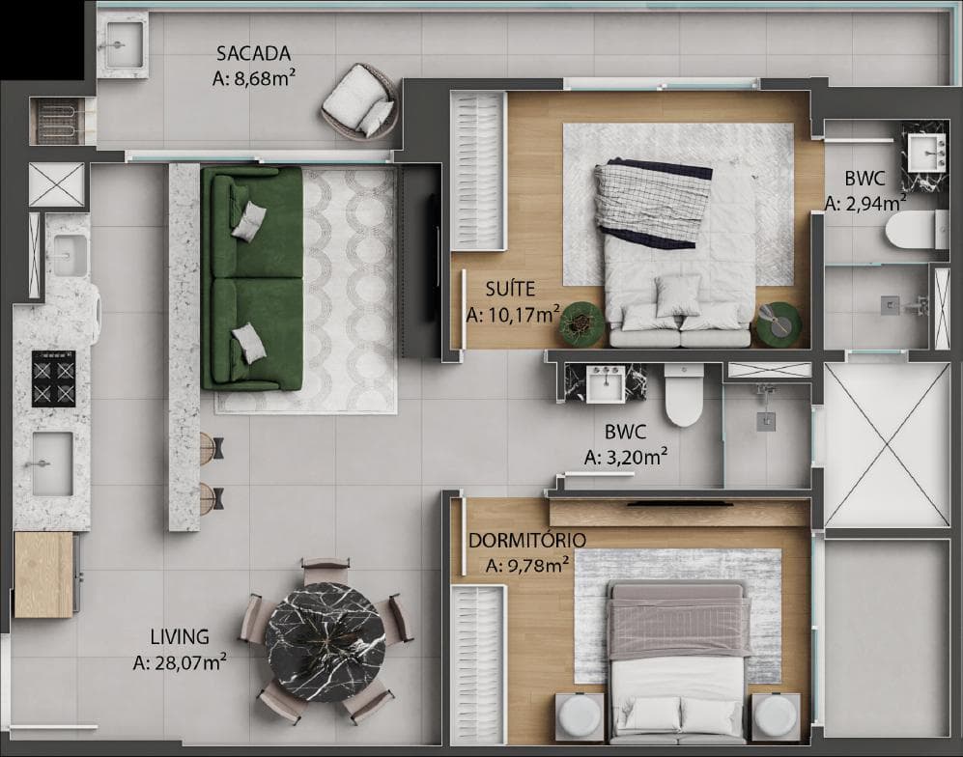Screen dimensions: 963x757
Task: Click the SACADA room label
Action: (253, 53)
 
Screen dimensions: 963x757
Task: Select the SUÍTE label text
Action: (510, 289)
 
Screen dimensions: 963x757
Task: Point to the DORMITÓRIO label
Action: (527, 541)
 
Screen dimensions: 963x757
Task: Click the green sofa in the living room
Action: (252, 279)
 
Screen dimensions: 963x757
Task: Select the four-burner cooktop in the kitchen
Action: (53, 378)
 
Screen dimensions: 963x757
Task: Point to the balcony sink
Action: (124, 45)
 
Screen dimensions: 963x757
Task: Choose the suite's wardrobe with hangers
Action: (478, 171)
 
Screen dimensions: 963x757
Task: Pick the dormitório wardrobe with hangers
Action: (478, 660)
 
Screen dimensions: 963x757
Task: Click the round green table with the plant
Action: (581, 323)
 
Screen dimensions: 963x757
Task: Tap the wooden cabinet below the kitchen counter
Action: (43, 575)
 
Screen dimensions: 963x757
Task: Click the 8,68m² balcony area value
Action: (253, 78)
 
